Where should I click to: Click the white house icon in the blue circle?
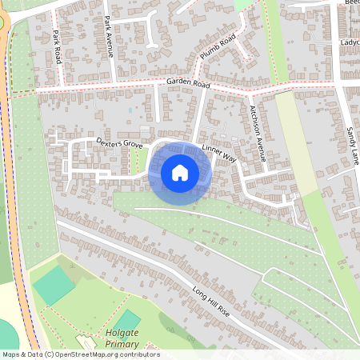click(x=180, y=171)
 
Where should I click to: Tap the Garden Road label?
click(x=188, y=83)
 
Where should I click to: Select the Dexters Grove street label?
click(x=120, y=142)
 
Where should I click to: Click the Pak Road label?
click(x=57, y=48)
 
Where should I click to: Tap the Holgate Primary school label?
click(x=122, y=338)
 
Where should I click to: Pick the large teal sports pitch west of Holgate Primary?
click(x=53, y=285)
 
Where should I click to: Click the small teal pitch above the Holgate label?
click(x=126, y=321)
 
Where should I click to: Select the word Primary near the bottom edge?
click(x=122, y=344)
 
